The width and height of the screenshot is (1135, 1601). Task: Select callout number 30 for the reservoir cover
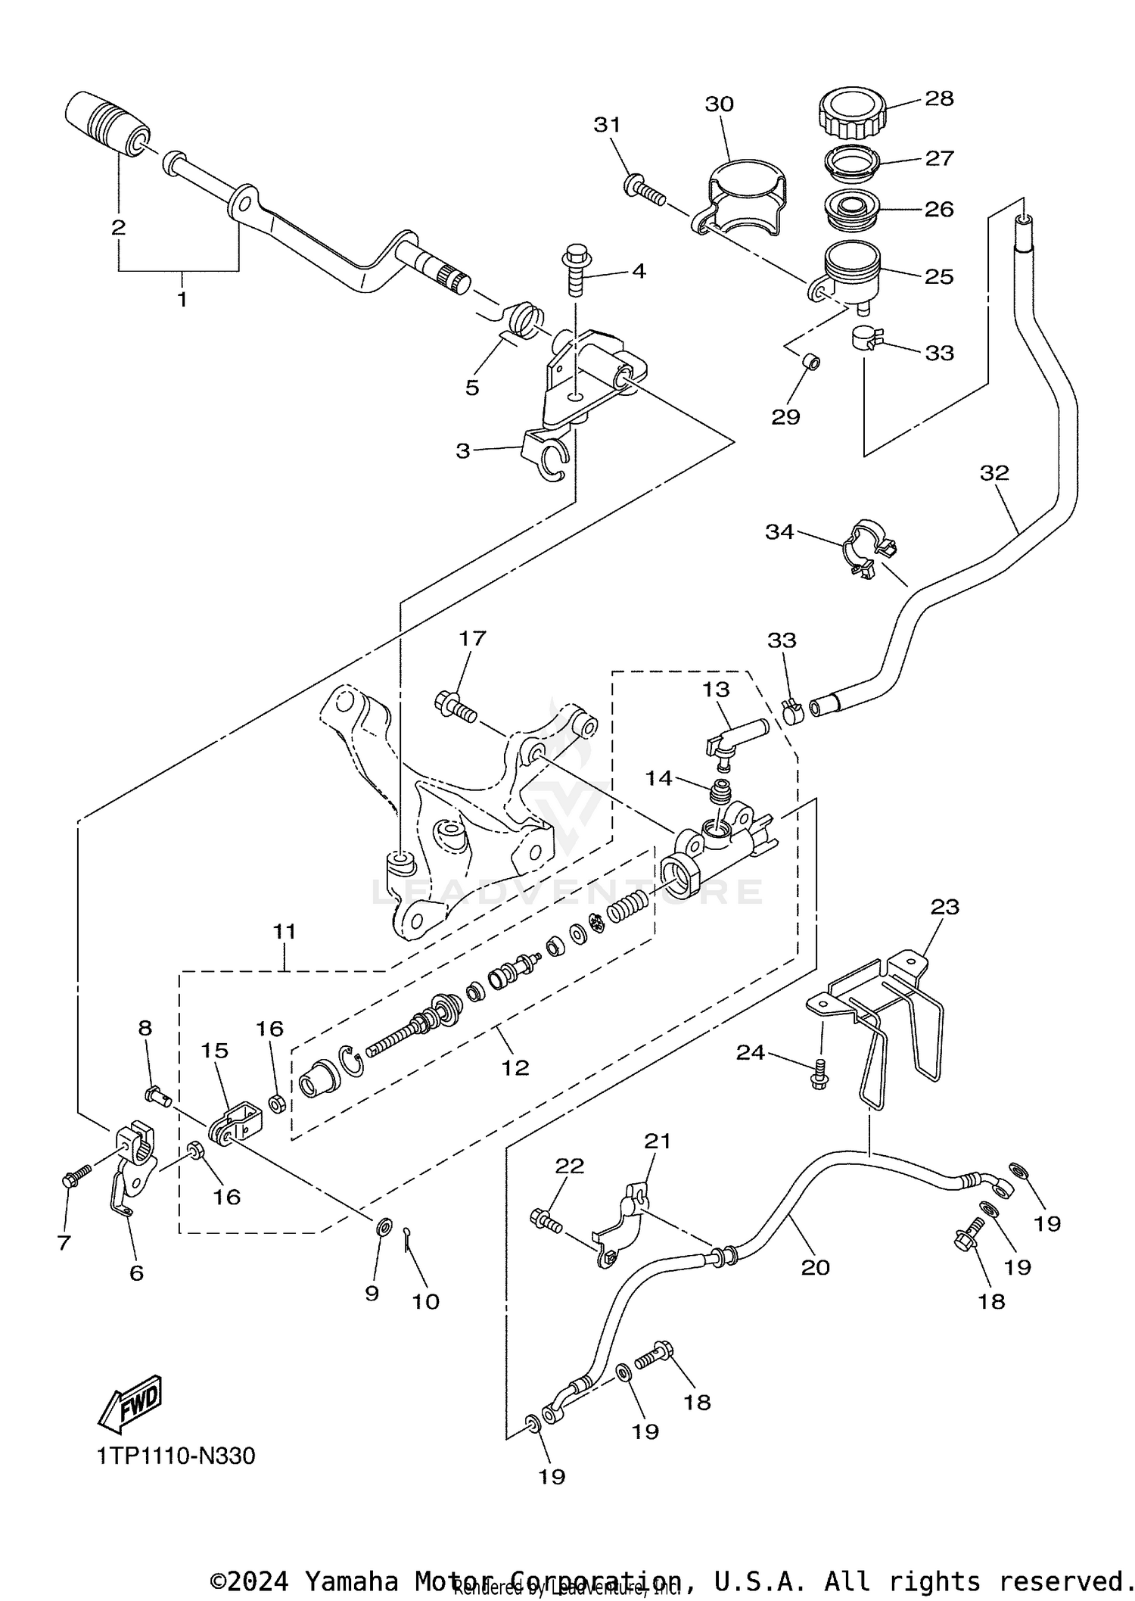(x=719, y=104)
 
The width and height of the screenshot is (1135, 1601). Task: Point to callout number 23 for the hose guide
(x=944, y=907)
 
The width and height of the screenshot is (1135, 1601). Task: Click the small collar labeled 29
(x=813, y=363)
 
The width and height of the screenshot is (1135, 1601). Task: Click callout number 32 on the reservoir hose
(x=994, y=473)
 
